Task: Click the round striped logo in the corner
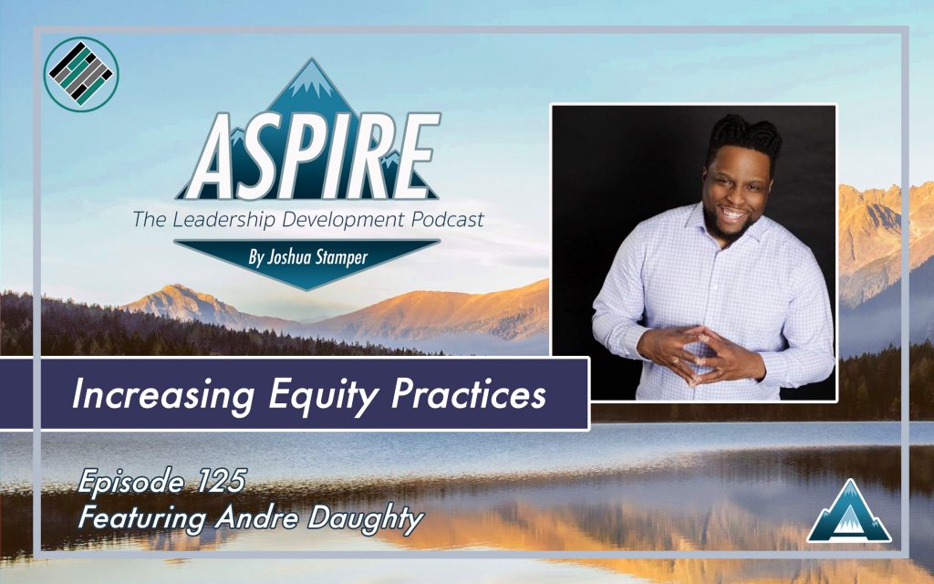pos(81,75)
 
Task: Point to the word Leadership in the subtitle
pos(226,219)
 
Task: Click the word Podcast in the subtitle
pos(447,219)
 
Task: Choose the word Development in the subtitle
pos(346,220)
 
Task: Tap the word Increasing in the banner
pos(162,394)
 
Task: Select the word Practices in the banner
pos(468,394)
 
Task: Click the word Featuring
pos(141,518)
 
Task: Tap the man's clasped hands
pos(700,354)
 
